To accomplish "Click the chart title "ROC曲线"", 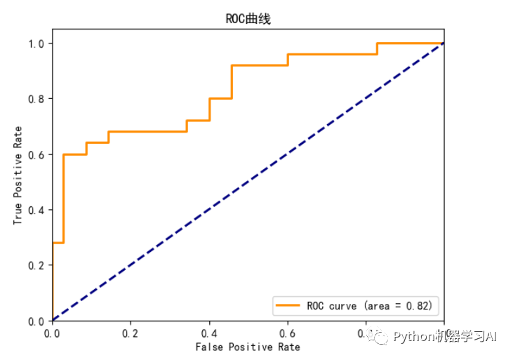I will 247,19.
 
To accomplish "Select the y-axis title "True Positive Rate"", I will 18,174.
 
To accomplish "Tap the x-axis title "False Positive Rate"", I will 248,347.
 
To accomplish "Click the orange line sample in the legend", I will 288,306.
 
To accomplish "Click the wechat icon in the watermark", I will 381,338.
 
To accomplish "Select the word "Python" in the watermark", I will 413,338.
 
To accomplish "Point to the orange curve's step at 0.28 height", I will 58,243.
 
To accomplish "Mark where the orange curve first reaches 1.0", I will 378,44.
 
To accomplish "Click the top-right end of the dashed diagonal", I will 444,44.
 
